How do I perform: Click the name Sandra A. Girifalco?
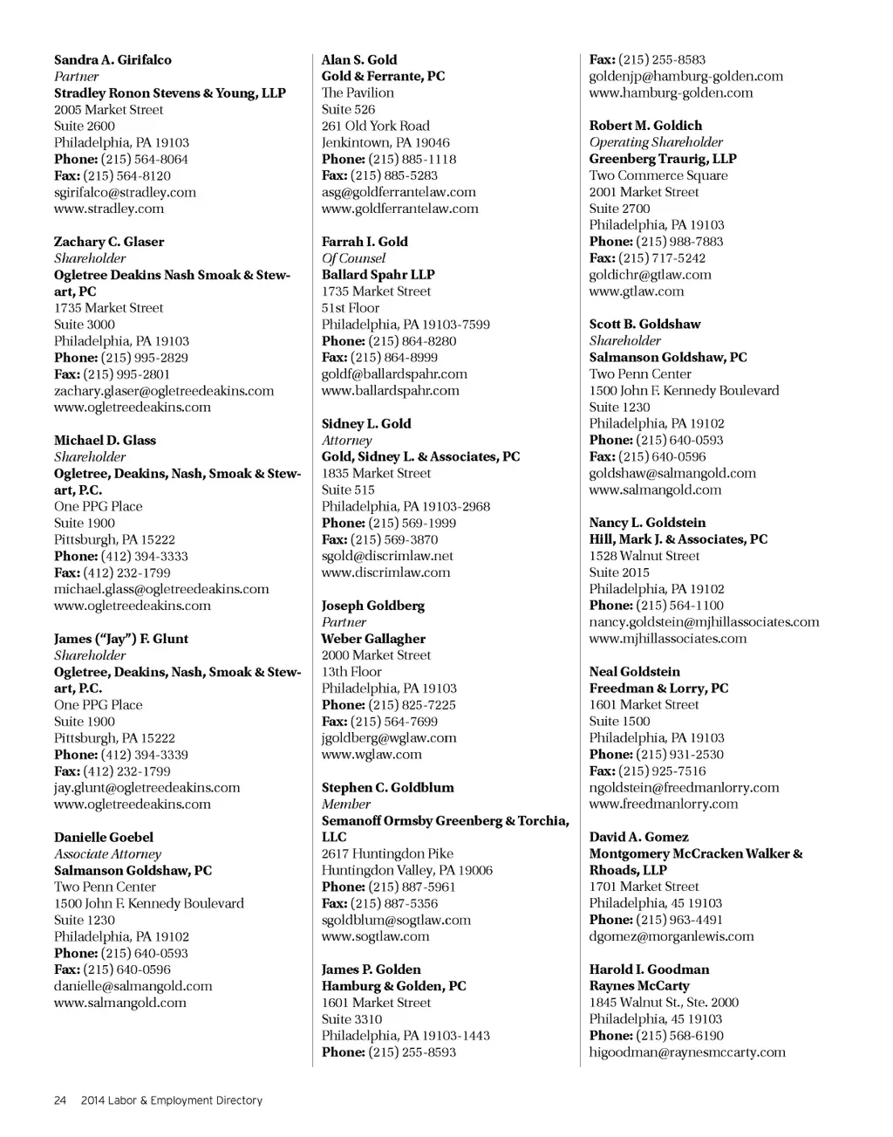112,60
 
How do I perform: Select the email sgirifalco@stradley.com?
125,192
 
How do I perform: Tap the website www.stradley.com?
109,209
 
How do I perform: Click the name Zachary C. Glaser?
109,242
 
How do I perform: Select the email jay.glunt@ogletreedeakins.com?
147,787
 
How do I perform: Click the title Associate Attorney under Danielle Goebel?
107,853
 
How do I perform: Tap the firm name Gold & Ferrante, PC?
383,76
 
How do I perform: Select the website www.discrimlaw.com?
385,572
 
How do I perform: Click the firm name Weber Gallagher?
373,639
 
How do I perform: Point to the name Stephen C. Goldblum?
387,787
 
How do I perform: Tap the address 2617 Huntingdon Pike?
387,853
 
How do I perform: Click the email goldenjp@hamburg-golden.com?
685,76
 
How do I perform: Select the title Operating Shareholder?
656,142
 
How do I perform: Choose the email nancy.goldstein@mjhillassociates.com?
704,622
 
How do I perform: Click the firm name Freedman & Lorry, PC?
658,688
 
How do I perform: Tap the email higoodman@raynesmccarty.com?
687,1052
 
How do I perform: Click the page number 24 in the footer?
60,1100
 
